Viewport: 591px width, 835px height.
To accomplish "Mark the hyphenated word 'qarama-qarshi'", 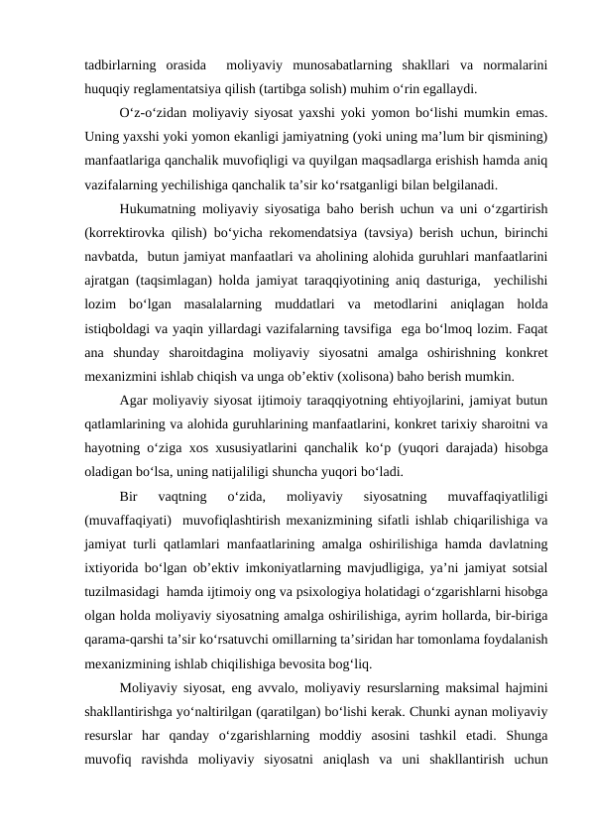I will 123,641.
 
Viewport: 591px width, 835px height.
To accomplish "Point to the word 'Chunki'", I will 404,713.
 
